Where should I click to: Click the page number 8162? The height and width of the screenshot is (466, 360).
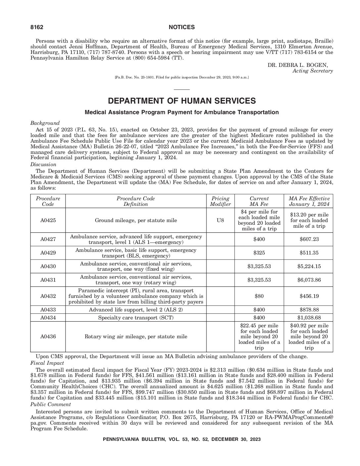(37, 27)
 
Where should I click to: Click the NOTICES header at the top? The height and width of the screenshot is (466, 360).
(182, 27)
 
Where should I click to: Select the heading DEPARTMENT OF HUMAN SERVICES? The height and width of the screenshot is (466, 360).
(182, 101)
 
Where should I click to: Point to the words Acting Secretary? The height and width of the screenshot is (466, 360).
(313, 71)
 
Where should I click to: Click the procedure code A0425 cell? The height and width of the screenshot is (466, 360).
(48, 220)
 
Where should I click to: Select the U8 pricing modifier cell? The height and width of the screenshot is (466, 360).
(220, 220)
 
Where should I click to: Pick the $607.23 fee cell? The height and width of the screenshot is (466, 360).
(309, 239)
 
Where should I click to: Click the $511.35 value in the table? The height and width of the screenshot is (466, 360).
(309, 253)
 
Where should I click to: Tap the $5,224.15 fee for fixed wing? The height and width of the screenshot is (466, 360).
(309, 266)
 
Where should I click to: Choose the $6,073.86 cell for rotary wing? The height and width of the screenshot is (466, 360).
(309, 280)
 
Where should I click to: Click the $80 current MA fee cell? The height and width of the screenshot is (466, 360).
(259, 296)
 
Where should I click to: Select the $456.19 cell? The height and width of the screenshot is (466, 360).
(309, 296)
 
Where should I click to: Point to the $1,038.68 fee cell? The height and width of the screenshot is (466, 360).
(309, 318)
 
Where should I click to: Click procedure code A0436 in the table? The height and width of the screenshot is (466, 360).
(48, 337)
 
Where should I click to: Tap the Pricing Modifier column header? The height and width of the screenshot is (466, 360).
(220, 201)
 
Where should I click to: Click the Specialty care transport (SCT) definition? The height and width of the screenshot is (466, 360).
(136, 318)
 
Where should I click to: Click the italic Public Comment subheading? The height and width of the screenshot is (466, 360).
(51, 404)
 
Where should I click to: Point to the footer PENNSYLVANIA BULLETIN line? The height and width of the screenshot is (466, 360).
(182, 440)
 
